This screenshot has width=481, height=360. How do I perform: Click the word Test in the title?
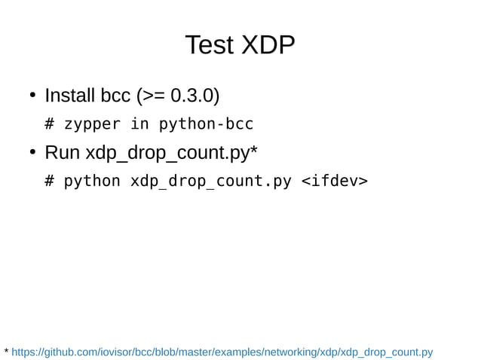coord(210,45)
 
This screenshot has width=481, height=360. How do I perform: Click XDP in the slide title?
coord(268,45)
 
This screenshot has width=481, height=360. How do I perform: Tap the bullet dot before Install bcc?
coord(33,96)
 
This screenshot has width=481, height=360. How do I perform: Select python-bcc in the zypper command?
coord(206,124)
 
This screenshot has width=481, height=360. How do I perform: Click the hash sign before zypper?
coord(50,124)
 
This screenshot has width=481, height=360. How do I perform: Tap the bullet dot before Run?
coord(33,153)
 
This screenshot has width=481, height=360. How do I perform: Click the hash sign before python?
coord(50,182)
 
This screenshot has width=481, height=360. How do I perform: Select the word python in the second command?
coord(93,182)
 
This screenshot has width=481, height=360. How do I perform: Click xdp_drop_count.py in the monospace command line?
coord(210,182)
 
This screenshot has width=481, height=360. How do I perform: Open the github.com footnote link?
coord(222,352)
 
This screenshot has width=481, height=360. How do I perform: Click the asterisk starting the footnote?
coord(7,351)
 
